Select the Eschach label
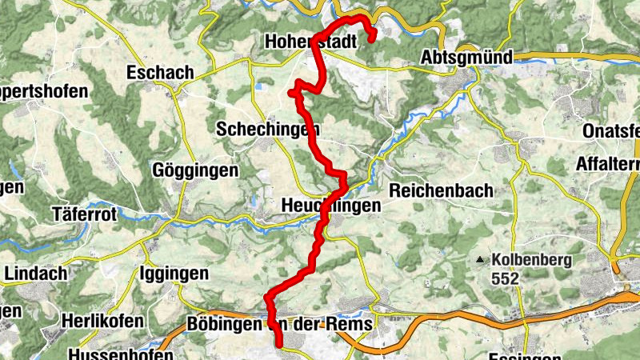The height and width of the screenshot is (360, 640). pos(160,73)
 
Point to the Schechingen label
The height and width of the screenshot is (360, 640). pos(268,129)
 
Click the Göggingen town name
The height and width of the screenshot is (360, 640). pos(196,170)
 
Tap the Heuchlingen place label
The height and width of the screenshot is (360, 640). pos(331,206)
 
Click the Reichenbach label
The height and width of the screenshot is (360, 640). pos(441,191)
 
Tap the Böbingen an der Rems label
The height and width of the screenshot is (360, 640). pos(279,325)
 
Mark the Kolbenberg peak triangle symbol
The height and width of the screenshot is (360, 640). pos(480,260)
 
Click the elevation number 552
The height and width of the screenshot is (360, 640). pos(506,279)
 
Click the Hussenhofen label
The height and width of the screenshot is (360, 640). pos(121,354)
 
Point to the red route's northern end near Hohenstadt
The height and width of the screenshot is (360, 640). pos(373,36)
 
